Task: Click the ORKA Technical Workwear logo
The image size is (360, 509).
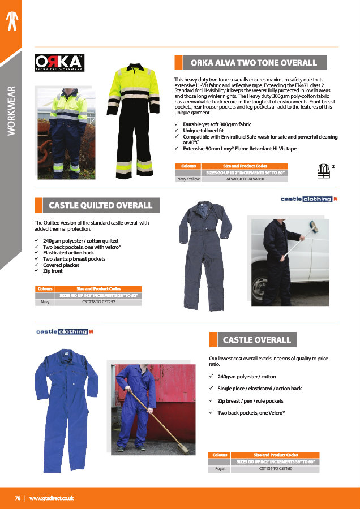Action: [59, 62]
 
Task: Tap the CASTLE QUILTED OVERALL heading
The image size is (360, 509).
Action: [100, 205]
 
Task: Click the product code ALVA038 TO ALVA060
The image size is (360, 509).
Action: [245, 179]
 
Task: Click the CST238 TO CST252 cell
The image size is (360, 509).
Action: [100, 302]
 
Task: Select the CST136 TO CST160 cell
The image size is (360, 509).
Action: [275, 469]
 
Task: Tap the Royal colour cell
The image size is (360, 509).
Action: [220, 469]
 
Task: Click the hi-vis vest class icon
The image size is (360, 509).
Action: [324, 171]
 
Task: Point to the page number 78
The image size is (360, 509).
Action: [18, 498]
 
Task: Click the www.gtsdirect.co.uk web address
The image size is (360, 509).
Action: [52, 498]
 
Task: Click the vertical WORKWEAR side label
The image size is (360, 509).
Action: [11, 110]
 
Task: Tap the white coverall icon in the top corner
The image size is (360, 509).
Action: [11, 20]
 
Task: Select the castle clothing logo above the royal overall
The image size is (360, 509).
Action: [64, 331]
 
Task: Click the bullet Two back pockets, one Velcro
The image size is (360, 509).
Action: [250, 413]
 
